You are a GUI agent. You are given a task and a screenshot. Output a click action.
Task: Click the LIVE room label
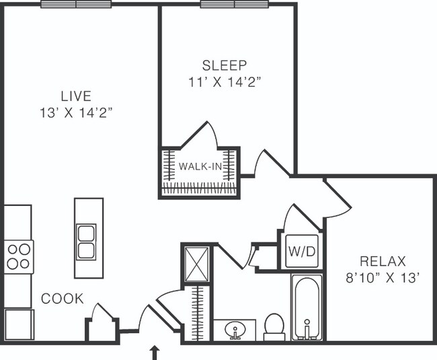76,96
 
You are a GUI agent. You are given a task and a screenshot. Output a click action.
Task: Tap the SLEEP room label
225,65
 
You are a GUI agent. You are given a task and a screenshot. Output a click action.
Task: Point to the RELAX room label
383,262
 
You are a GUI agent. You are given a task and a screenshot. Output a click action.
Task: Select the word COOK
62,299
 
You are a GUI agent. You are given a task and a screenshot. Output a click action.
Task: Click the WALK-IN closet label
200,166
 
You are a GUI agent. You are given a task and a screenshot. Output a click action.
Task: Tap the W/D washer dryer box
302,251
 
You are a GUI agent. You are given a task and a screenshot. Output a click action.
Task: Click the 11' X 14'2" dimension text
225,82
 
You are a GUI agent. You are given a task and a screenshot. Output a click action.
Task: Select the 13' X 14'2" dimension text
76,113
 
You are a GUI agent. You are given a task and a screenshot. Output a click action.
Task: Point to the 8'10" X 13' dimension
383,278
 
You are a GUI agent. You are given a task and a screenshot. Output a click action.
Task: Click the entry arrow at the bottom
155,353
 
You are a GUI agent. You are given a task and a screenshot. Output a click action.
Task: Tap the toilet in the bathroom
274,327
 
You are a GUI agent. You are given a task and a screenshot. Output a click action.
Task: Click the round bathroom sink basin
235,330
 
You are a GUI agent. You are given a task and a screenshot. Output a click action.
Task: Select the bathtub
307,307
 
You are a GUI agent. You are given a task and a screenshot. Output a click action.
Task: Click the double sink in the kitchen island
86,242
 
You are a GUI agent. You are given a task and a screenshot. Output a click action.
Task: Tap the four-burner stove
19,256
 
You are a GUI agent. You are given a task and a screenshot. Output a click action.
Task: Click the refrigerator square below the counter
19,324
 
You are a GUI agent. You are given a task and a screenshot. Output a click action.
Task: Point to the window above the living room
76,4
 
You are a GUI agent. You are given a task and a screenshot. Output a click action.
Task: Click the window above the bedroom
235,4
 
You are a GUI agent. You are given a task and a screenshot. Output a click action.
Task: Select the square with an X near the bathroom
197,264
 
